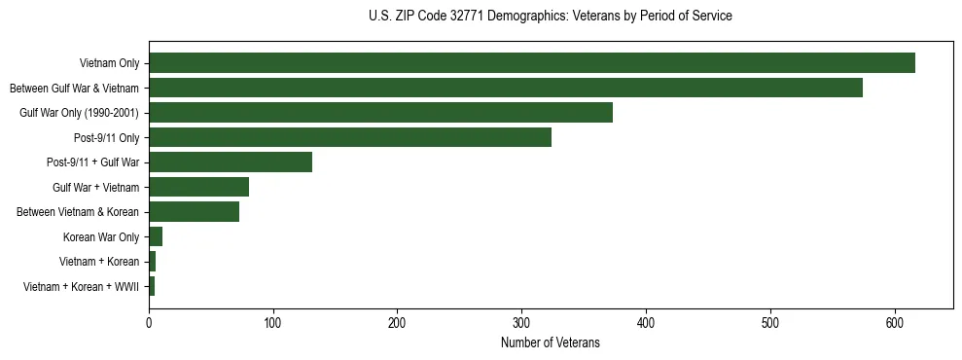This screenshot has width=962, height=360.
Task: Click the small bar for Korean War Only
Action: point(156,236)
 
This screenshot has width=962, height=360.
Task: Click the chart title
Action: point(551,16)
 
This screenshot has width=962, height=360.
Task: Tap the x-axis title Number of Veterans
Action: point(551,343)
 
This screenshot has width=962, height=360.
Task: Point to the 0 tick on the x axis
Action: point(149,324)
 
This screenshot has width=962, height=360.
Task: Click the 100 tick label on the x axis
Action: point(273,324)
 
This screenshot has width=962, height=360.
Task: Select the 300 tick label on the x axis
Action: point(521,324)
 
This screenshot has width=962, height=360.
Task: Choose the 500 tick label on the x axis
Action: point(770,324)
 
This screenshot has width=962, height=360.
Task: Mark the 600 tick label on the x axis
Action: point(895,324)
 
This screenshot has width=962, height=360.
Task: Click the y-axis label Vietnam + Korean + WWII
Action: point(82,287)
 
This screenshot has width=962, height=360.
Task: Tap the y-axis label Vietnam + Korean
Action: point(99,262)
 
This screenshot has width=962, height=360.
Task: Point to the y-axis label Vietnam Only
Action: point(108,63)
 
